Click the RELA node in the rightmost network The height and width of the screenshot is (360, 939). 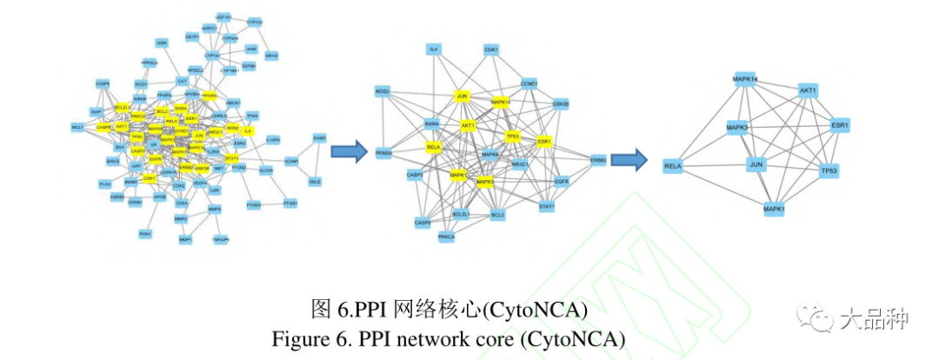pyautogui.click(x=672, y=165)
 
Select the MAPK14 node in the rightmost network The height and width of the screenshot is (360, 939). pyautogui.click(x=746, y=80)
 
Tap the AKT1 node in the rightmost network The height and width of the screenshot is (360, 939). pyautogui.click(x=809, y=90)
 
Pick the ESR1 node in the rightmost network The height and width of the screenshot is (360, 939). pyautogui.click(x=840, y=125)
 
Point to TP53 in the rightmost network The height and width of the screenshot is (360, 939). pyautogui.click(x=829, y=171)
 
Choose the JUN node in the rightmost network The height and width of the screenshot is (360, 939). pyautogui.click(x=757, y=164)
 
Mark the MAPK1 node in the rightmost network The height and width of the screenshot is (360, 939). pyautogui.click(x=774, y=210)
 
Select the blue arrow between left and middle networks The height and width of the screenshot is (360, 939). pyautogui.click(x=347, y=153)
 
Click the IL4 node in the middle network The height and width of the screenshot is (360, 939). pyautogui.click(x=433, y=50)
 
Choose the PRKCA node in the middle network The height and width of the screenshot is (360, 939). pyautogui.click(x=447, y=237)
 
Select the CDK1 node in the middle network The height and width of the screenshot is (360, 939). pyautogui.click(x=491, y=50)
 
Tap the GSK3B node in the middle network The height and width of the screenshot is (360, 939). pyautogui.click(x=561, y=104)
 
